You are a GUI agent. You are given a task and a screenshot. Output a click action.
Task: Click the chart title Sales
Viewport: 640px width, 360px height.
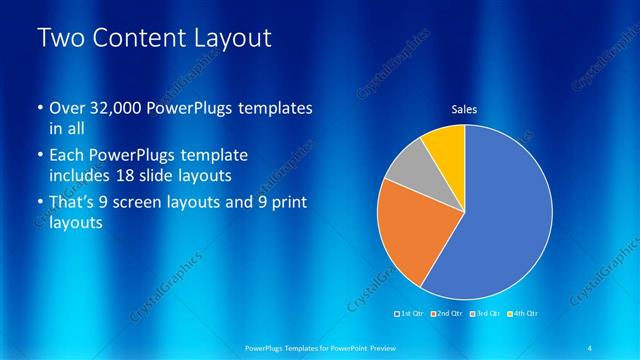point(464,110)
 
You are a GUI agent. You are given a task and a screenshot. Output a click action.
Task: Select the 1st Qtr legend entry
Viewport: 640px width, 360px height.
point(410,314)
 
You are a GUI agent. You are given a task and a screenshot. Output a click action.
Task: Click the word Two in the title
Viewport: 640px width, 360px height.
point(60,39)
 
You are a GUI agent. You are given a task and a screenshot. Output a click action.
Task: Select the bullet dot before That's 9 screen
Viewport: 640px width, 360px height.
point(39,204)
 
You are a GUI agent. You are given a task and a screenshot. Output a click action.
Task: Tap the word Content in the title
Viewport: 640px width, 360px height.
point(138,39)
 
